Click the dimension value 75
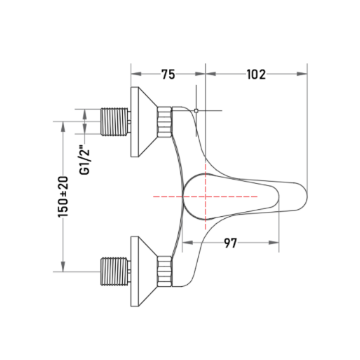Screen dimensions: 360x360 [x=168, y=74]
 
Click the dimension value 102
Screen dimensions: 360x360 [x=256, y=74]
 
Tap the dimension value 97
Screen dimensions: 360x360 [x=230, y=243]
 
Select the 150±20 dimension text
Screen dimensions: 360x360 [x=63, y=197]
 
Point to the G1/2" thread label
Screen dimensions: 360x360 [x=84, y=160]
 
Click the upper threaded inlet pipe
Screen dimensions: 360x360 [x=114, y=121]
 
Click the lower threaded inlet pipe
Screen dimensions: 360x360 [x=114, y=271]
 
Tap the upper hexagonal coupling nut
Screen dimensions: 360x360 [x=165, y=122]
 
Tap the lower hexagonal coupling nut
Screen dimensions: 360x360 [x=165, y=271]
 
